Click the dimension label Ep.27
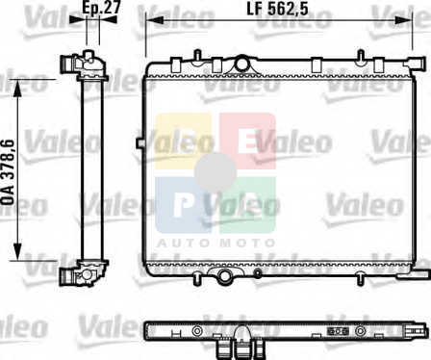coord(101,8)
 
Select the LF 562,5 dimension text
coord(277,9)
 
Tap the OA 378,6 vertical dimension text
coord(8,172)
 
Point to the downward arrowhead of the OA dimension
coord(18,252)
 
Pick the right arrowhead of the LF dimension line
coord(403,20)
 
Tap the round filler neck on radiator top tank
coord(242,64)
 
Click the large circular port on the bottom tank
coord(225,276)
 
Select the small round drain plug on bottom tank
coord(258,273)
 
